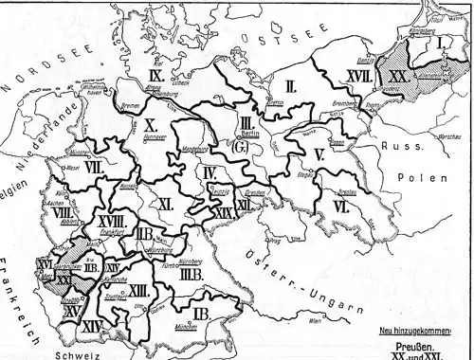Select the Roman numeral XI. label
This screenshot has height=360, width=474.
point(163,203)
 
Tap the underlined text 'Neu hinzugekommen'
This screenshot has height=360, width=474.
point(414,330)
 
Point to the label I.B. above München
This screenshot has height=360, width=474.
point(202,314)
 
